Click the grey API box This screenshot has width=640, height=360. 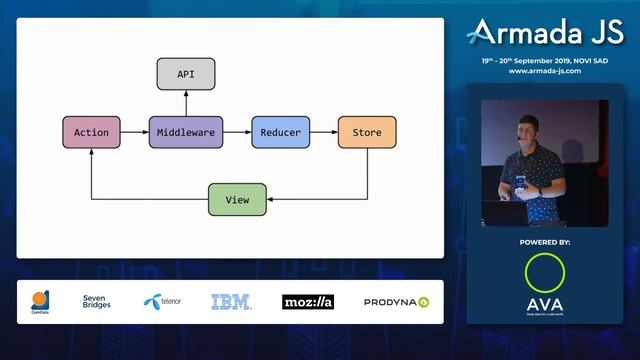186,74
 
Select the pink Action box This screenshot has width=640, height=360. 91,132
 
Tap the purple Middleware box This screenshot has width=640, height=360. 186,132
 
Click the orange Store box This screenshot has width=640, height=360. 366,132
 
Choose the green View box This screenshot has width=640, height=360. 237,200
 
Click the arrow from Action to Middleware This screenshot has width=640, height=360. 135,132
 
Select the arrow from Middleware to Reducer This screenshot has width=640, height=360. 236,132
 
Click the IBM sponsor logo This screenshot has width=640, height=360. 230,301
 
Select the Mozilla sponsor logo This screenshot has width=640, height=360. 307,301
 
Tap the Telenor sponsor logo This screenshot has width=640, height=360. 162,301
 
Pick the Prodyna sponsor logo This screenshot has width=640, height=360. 396,301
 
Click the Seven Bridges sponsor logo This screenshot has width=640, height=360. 97,301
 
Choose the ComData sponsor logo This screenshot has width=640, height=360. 40,301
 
